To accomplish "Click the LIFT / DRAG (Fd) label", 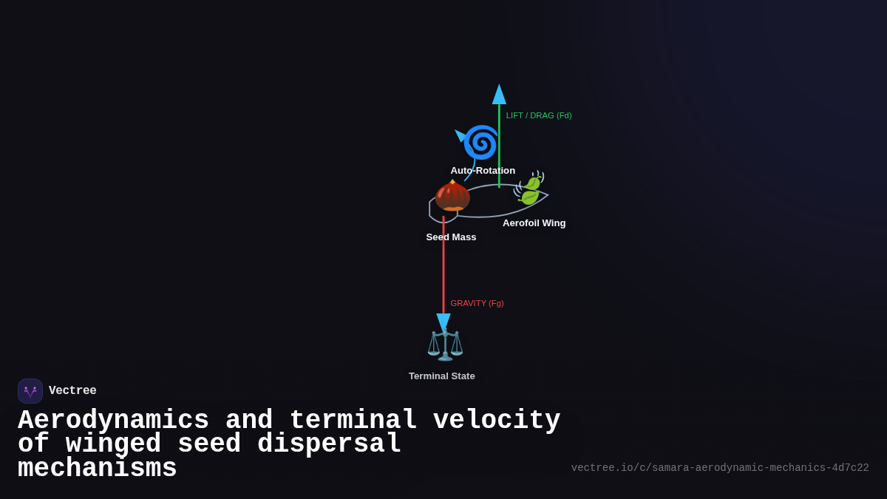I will click(538, 115).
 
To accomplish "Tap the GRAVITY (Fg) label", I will click(477, 303).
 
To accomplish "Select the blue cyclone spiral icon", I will click(481, 143).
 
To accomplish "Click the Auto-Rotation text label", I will click(483, 171).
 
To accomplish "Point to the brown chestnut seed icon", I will click(452, 196).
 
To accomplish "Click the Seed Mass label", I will click(451, 237).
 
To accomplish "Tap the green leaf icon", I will click(530, 190).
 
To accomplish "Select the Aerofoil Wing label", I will click(534, 223).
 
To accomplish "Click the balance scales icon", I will click(445, 344).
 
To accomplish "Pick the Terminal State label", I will click(441, 376).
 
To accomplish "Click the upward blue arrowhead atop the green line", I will click(499, 95).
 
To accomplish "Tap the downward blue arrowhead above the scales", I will click(443, 322).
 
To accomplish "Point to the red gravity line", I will click(443, 266).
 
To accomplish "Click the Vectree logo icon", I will click(30, 391).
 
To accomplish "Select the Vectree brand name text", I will click(72, 391).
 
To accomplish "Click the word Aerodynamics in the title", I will click(113, 421).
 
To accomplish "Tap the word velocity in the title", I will click(496, 421).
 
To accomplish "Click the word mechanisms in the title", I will click(97, 469).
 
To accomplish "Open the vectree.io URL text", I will click(719, 468).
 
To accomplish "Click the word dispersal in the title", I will click(329, 444).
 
